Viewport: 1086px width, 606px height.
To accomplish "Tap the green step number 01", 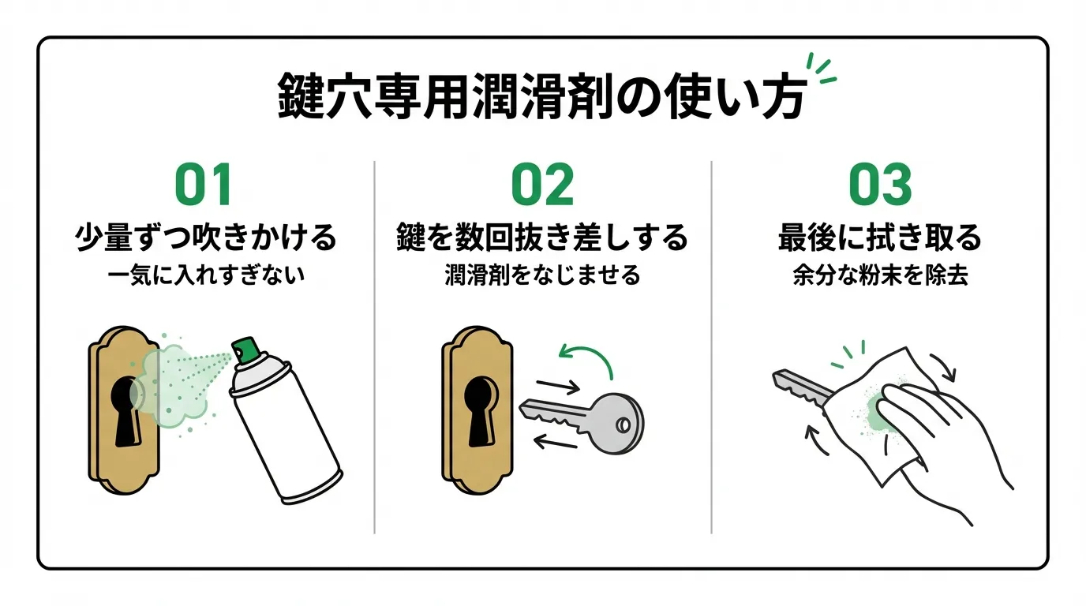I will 203,185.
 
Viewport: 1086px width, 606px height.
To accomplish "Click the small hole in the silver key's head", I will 624,425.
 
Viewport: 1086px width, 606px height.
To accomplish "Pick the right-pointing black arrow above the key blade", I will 559,386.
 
